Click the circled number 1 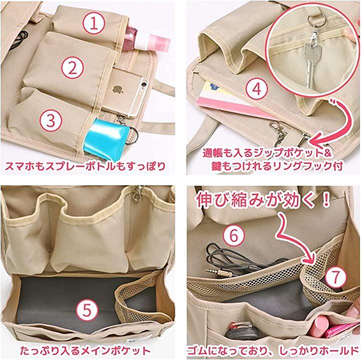click(94, 24)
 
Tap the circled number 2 click(73, 68)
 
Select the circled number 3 click(51, 121)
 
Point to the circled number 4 click(257, 89)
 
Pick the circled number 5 click(87, 310)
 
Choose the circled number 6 click(234, 235)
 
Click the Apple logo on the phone click(118, 90)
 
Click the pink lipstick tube click(319, 326)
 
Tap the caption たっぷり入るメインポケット click(85, 350)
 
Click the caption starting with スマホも click(85, 166)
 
